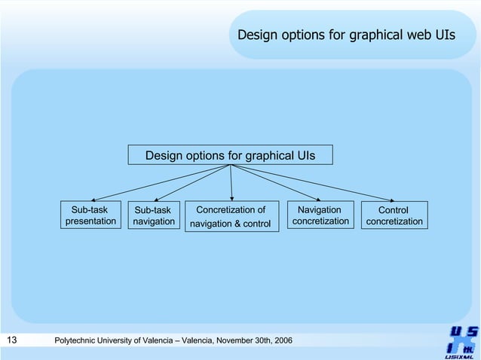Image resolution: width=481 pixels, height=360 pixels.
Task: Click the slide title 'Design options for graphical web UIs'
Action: click(x=346, y=35)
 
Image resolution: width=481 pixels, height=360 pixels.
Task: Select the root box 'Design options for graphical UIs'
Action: click(x=230, y=155)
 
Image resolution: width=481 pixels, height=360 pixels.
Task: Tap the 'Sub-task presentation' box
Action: click(x=90, y=215)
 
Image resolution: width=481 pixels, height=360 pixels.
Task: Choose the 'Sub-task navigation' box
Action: click(x=153, y=216)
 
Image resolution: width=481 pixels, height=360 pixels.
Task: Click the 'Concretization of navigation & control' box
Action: click(x=231, y=217)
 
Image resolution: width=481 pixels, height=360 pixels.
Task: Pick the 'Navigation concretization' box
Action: click(x=320, y=215)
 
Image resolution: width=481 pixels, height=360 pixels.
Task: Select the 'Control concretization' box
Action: click(x=394, y=216)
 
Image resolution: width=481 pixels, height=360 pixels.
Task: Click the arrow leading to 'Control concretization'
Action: click(x=309, y=183)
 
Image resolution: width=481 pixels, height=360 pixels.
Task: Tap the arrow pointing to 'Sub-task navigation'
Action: click(x=192, y=182)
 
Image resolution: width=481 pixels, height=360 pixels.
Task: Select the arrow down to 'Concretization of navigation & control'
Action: click(x=231, y=182)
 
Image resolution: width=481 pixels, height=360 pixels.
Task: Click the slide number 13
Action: click(x=11, y=341)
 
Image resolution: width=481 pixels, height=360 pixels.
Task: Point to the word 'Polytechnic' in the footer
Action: click(x=78, y=342)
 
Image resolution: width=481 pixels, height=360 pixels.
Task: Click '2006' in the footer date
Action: click(x=282, y=342)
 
